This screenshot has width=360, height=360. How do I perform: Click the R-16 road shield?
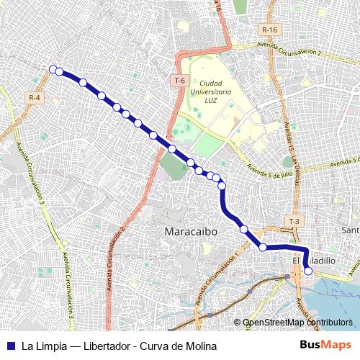(270, 30)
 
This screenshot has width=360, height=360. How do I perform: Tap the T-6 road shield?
(180, 81)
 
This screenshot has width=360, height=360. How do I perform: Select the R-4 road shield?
(35, 97)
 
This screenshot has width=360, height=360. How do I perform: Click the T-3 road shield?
(294, 221)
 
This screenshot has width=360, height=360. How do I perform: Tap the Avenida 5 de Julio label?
(269, 170)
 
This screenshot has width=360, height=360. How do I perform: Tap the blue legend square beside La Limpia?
(11, 345)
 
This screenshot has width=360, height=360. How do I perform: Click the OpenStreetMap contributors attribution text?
(297, 323)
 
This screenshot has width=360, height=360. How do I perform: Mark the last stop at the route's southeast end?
(308, 271)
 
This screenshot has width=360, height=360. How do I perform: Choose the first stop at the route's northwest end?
(53, 69)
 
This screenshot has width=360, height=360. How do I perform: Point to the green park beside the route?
(173, 166)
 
